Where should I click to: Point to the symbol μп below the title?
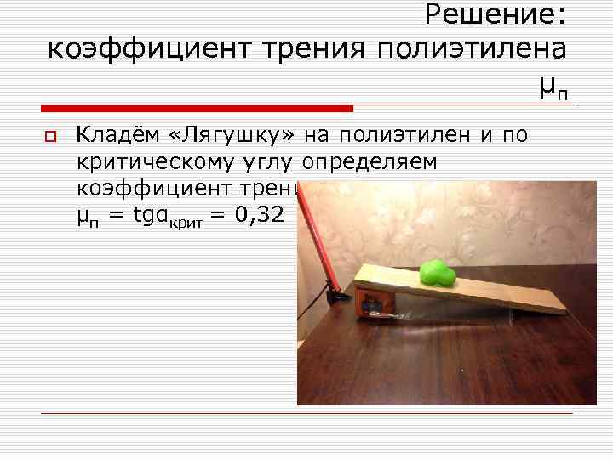(x=553, y=86)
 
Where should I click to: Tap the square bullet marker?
(x=50, y=137)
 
